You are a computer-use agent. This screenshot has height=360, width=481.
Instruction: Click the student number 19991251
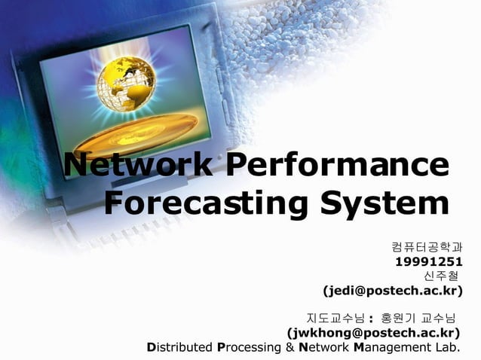428,261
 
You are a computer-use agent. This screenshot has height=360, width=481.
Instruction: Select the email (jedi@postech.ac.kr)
392,290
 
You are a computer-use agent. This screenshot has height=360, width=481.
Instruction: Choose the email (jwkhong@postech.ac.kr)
374,331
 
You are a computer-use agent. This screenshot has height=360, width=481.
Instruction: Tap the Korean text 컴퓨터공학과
427,246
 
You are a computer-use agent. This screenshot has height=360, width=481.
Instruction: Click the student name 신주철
440,276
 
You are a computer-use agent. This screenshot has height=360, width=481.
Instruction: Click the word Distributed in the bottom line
179,347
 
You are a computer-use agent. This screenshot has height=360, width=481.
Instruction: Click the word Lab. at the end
449,347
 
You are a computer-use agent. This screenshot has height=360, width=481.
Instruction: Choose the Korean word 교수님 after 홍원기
440,317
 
